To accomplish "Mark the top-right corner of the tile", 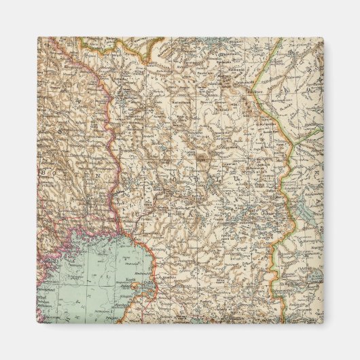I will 324,37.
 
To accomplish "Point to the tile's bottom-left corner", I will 37,324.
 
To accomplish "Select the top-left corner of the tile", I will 37,37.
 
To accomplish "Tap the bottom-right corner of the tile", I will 324,324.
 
